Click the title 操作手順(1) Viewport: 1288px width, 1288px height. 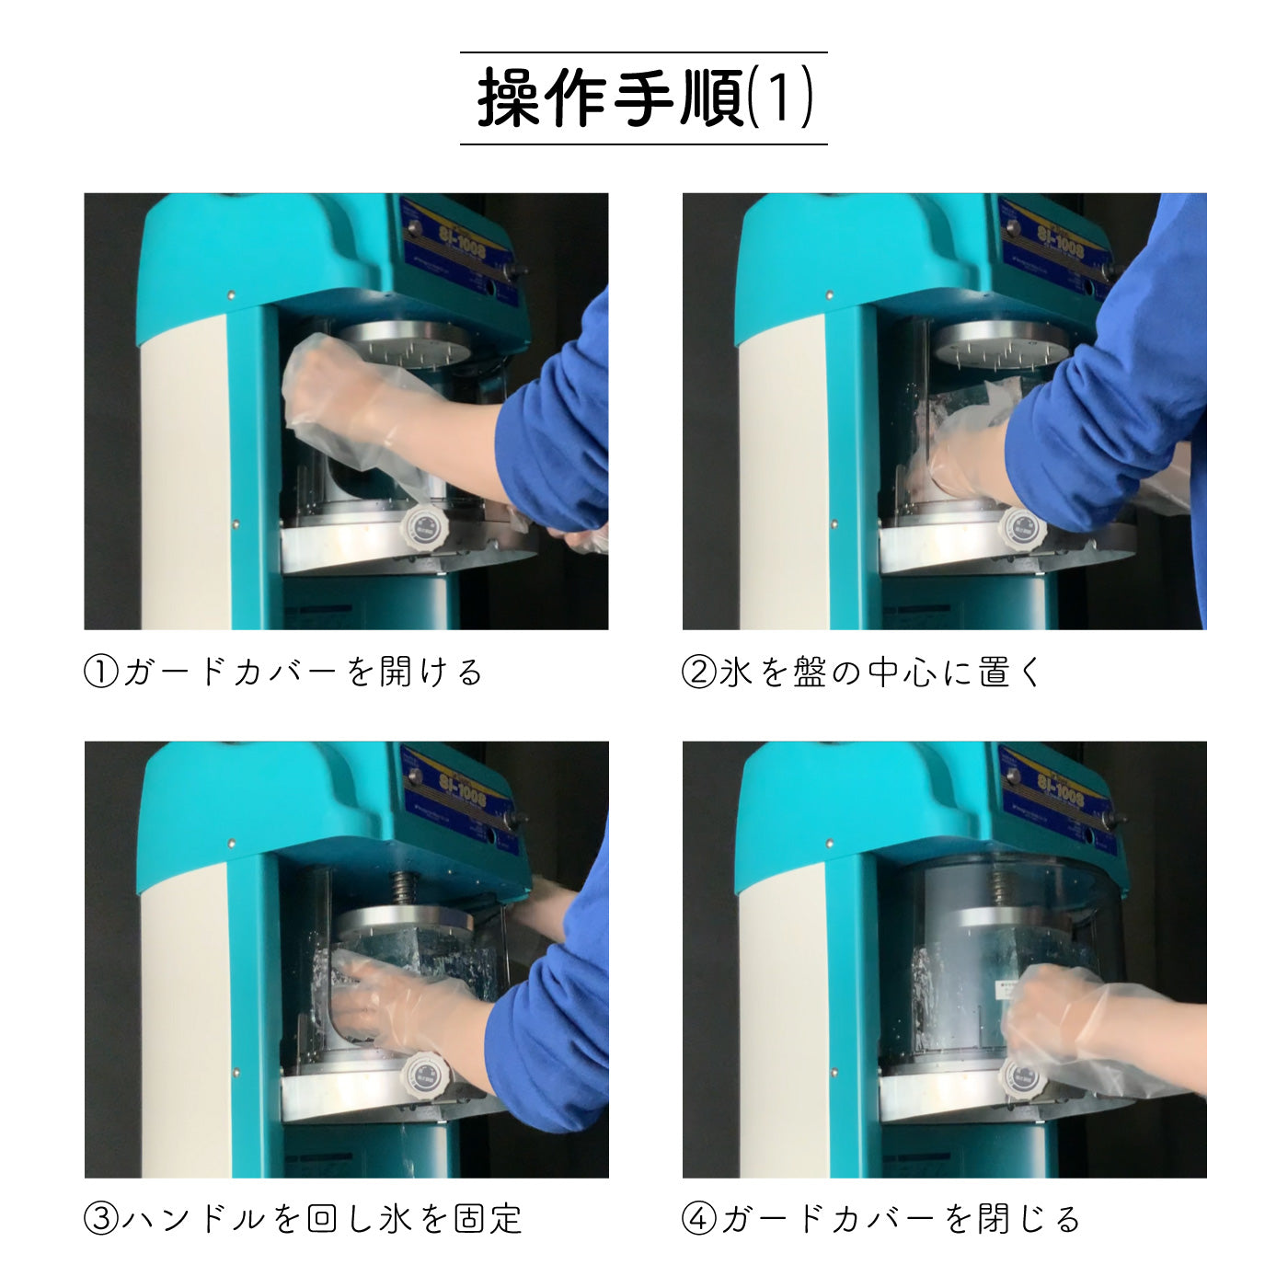point(644,98)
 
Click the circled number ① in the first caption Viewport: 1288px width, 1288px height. point(101,673)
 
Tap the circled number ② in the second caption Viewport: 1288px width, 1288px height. point(698,673)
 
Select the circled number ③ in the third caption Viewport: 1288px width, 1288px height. point(101,1220)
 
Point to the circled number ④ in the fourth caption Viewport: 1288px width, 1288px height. point(698,1220)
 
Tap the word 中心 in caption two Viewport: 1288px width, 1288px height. point(903,673)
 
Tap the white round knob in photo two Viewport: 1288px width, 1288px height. point(1022,529)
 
